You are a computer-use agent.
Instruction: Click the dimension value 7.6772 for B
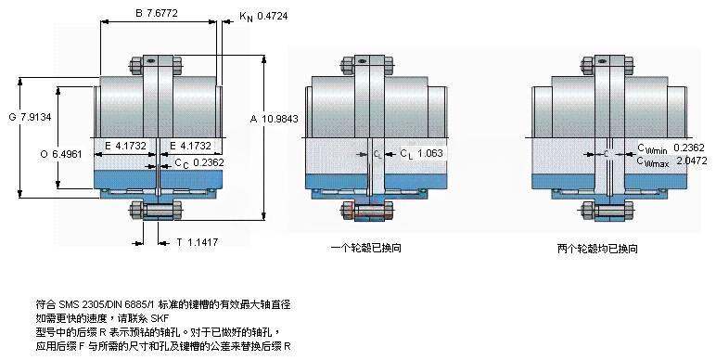pyautogui.click(x=162, y=14)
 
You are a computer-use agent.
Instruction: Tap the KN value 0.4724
pyautogui.click(x=273, y=16)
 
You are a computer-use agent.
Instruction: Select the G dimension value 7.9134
pyautogui.click(x=36, y=117)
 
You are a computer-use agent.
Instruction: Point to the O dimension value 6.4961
pyautogui.click(x=67, y=154)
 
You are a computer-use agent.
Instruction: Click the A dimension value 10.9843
pyautogui.click(x=280, y=119)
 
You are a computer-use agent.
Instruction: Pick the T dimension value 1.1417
pyautogui.click(x=203, y=242)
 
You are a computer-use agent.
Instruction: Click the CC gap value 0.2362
pyautogui.click(x=209, y=162)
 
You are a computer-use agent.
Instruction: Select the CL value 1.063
pyautogui.click(x=430, y=153)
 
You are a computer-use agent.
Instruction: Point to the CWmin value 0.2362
pyautogui.click(x=689, y=148)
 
